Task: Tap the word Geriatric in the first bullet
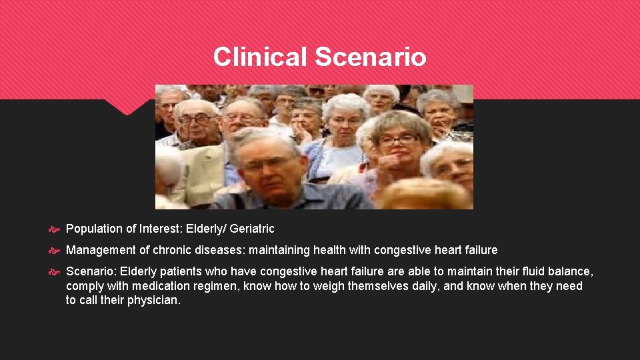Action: [x=252, y=229]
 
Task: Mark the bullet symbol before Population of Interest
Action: [x=55, y=229]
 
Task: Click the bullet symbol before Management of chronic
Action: [x=55, y=251]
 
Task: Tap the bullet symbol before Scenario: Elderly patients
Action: [x=55, y=272]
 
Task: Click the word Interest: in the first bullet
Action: [x=159, y=229]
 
